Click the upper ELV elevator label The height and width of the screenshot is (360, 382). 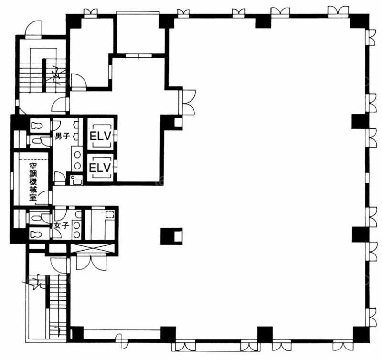coord(100,136)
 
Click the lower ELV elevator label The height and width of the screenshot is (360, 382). coord(100,168)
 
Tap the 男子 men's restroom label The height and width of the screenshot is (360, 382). coord(63,136)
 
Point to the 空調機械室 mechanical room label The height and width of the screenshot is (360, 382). coord(33,182)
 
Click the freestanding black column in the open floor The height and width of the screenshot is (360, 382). coord(171,236)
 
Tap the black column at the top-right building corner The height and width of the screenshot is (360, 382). coord(360,21)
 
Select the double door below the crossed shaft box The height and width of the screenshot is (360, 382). coord(91,261)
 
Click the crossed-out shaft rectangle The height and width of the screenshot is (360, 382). coord(92,248)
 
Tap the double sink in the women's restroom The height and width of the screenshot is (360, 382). coord(77,230)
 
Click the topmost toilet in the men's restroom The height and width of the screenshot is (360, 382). coord(37,126)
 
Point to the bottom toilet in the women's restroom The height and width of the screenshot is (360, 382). coord(36,234)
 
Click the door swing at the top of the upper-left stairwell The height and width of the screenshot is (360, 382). coord(34,28)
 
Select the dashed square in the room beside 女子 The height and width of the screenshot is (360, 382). coord(109,214)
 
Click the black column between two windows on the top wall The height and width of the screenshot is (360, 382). coord(263,22)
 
